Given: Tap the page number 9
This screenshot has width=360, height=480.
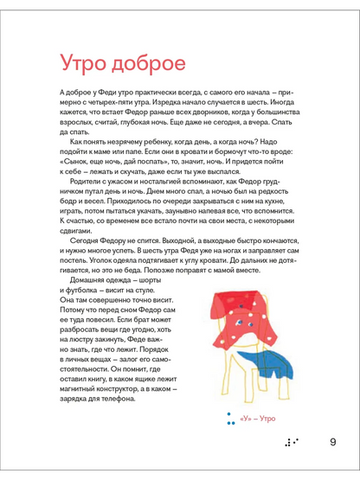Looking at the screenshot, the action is coord(332,444).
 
